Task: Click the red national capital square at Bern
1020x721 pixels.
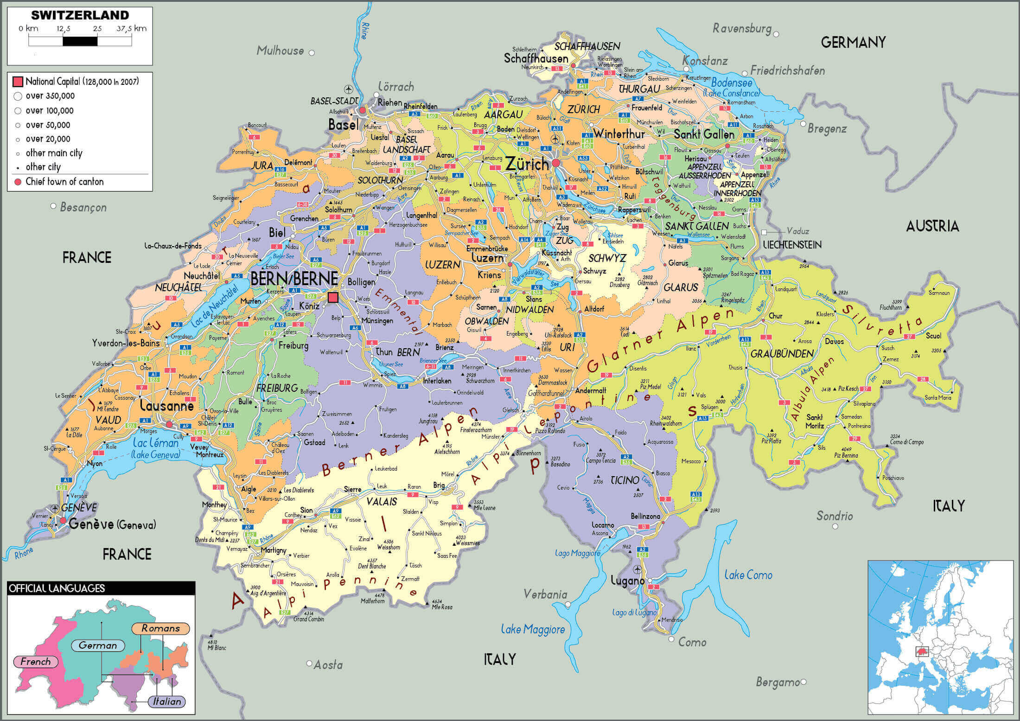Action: [x=333, y=297]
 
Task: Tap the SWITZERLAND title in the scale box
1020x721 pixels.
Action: [x=80, y=15]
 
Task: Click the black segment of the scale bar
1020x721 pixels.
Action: [x=80, y=41]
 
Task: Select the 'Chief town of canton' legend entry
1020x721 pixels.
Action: [x=64, y=182]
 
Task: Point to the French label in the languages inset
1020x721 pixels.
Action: [x=36, y=662]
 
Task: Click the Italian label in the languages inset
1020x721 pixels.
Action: [x=167, y=702]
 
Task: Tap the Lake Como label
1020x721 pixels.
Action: [x=748, y=575]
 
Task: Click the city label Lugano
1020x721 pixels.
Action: [x=627, y=581]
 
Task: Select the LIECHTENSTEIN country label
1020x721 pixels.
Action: [x=792, y=245]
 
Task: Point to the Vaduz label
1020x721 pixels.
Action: [x=798, y=231]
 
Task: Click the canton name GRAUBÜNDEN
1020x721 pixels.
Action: [x=782, y=354]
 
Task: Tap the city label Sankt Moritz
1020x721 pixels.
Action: [x=815, y=421]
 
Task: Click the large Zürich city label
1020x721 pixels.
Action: [x=527, y=163]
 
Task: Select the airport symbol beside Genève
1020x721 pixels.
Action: [x=55, y=508]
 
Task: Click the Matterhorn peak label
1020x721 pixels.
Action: [x=373, y=601]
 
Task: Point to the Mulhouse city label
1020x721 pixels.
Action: [x=280, y=51]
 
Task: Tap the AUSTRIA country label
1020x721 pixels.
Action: [x=932, y=226]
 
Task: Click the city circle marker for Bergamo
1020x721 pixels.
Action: [x=803, y=682]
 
